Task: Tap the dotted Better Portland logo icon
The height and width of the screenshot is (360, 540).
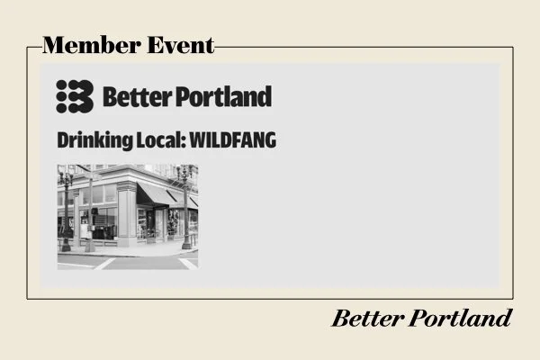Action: pos(75,94)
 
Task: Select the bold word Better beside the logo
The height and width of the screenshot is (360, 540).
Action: pos(133,95)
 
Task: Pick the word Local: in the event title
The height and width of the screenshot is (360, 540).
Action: pos(157,140)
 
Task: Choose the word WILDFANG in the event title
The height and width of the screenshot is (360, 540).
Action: pos(233,140)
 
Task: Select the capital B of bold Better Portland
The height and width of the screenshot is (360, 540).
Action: pos(110,95)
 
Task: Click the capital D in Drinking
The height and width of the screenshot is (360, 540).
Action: pos(62,140)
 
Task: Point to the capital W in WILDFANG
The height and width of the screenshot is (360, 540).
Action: pos(197,140)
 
